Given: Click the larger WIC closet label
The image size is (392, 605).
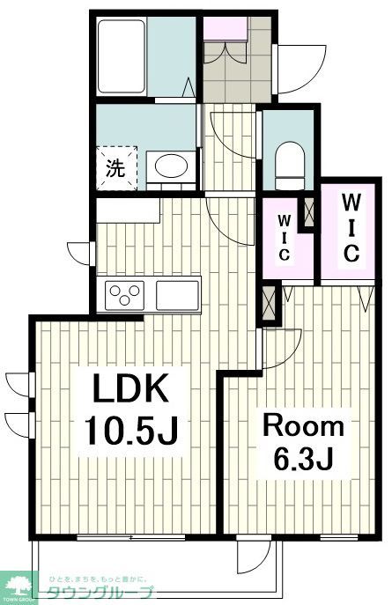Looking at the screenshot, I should point(350,228).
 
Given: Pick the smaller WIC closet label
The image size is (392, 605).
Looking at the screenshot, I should point(285,236).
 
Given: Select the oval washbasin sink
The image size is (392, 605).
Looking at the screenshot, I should point(169,166).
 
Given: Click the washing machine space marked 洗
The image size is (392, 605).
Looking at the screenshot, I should point(116,167).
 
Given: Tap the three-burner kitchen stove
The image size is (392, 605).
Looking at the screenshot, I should point(125,293).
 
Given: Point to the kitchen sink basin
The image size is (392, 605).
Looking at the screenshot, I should point(178,294).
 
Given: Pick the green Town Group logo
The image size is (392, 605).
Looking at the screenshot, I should point(18,585).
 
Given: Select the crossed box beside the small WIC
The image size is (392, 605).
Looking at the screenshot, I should point(308,211).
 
